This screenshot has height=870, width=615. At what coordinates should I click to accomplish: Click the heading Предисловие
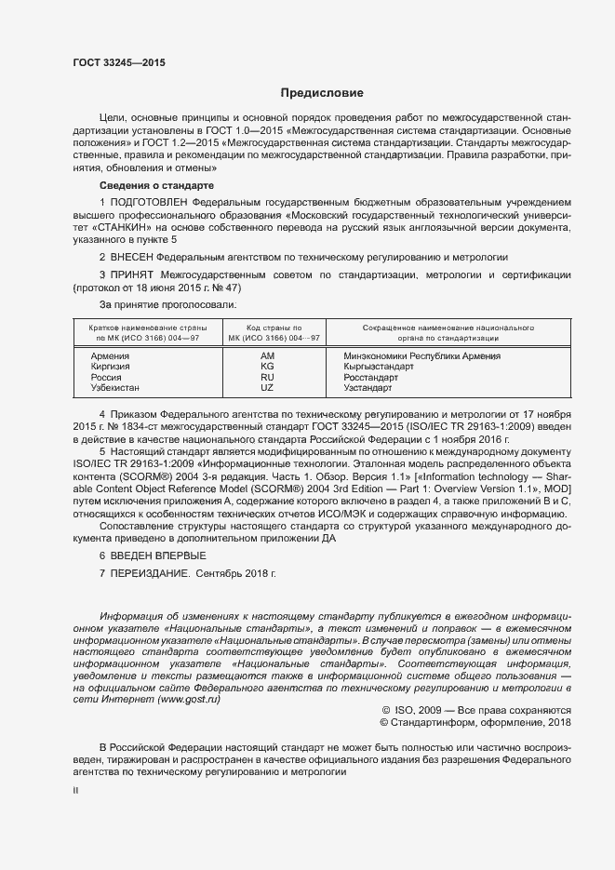point(322,93)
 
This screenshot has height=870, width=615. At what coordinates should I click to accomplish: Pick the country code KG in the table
point(268,367)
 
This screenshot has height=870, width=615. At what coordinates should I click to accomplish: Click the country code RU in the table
point(268,377)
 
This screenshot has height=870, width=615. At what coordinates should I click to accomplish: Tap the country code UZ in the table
point(268,387)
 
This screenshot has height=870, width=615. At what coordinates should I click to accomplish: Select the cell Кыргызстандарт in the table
point(378,367)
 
